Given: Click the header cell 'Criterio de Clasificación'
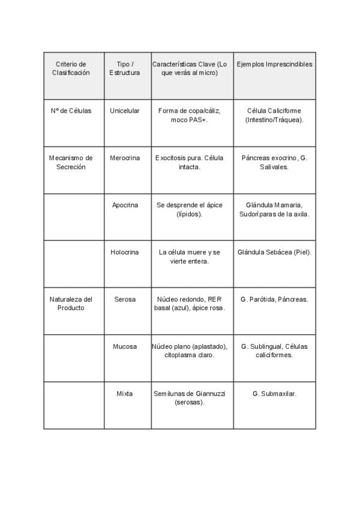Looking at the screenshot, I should [x=71, y=68].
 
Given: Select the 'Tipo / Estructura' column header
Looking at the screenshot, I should [x=125, y=68].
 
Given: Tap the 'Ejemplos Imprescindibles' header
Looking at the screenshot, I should [x=274, y=64].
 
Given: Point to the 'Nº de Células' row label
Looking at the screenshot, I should [x=71, y=110].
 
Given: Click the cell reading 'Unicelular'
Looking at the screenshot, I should [x=125, y=110].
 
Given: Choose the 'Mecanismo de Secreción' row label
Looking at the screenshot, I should [x=71, y=163].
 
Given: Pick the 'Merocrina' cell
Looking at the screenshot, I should [x=125, y=158].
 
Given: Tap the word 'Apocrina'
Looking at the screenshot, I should [x=125, y=205].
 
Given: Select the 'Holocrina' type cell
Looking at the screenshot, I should [x=125, y=252].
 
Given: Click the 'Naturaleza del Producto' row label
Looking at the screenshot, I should [x=71, y=304].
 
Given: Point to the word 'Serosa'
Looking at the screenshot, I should [x=125, y=299].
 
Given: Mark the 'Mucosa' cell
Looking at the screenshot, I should [x=125, y=346].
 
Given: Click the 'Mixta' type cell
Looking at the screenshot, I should [x=125, y=394].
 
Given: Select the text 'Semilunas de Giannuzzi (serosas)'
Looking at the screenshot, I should [x=190, y=398].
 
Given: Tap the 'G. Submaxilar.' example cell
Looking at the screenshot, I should [x=274, y=394].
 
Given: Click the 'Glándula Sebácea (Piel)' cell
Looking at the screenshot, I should [x=274, y=252].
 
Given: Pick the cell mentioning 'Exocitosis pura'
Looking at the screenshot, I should [x=190, y=163].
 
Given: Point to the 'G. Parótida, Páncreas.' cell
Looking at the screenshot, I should [x=274, y=299].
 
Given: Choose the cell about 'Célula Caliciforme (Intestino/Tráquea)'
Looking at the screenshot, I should [x=274, y=115].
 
